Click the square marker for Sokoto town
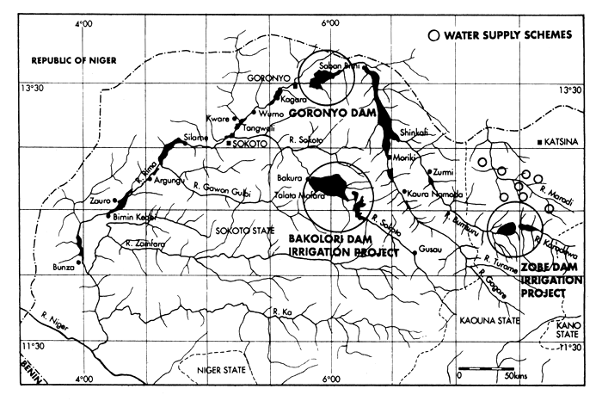pos(228,144)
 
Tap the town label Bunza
pos(65,268)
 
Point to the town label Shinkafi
pos(416,132)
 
